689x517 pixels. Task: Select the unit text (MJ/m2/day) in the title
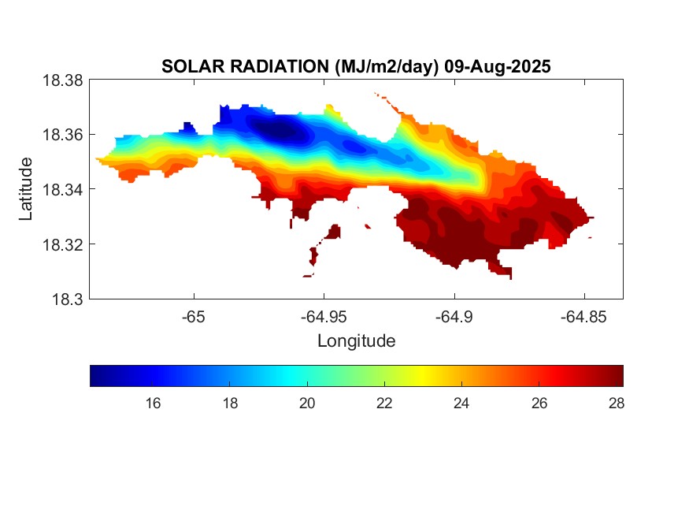point(380,67)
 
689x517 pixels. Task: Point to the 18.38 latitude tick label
point(62,80)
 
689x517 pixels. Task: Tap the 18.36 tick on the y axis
point(62,135)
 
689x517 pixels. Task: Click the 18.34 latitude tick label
point(62,189)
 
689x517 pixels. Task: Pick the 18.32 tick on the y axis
point(62,244)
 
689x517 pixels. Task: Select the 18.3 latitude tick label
point(66,299)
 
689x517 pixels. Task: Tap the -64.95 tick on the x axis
point(323,317)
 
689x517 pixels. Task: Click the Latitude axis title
point(27,189)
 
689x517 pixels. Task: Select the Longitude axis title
point(356,341)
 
